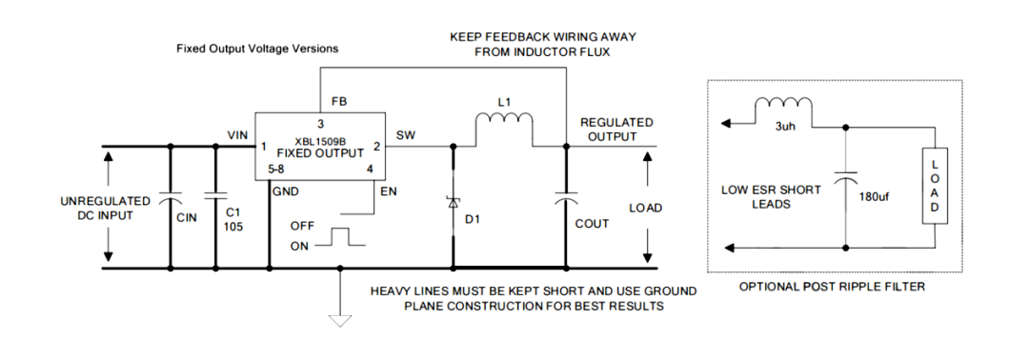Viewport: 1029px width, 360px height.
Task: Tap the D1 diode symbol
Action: [x=453, y=202]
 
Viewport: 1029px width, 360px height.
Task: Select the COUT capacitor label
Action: [x=591, y=224]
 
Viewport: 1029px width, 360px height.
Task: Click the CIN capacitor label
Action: [x=187, y=218]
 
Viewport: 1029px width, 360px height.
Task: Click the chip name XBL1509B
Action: [x=319, y=140]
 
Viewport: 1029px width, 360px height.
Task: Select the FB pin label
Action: [x=338, y=101]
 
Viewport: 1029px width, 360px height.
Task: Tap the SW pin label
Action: [x=406, y=134]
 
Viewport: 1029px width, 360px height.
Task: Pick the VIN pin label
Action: [x=238, y=134]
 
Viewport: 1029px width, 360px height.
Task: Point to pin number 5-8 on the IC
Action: [x=274, y=169]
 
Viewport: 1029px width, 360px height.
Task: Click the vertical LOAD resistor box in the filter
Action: [x=934, y=187]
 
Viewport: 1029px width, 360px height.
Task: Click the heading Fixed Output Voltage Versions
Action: [x=257, y=49]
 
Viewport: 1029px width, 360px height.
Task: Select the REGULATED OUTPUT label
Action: [x=616, y=130]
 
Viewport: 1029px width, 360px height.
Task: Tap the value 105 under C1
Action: [x=234, y=228]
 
